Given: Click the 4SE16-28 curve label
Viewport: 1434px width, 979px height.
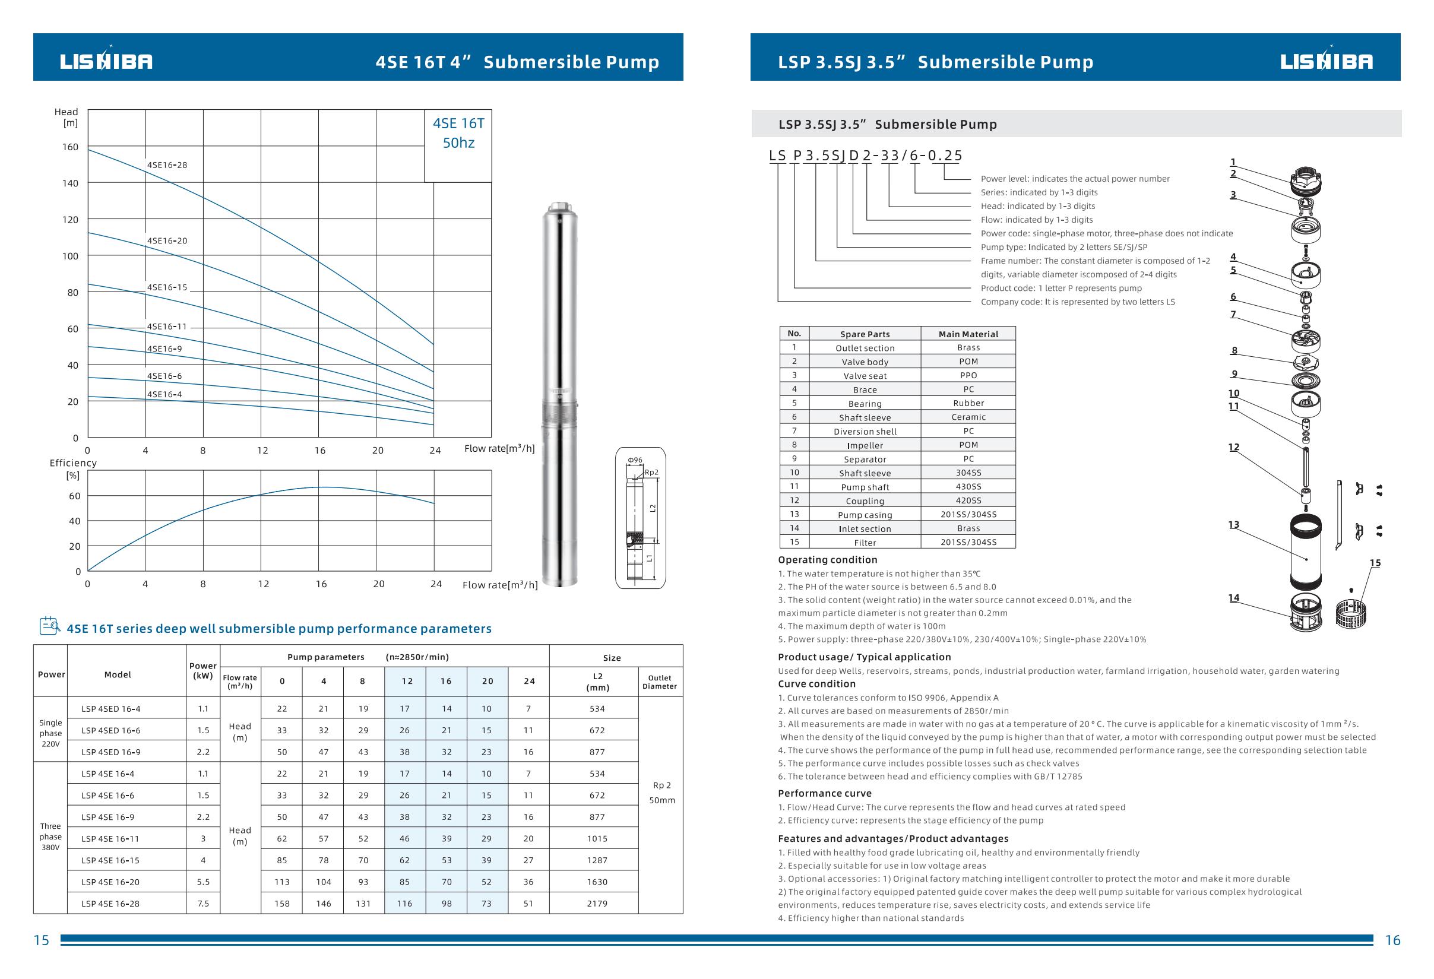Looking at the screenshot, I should (x=167, y=165).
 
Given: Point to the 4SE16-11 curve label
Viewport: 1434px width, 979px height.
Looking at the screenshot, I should (x=167, y=327).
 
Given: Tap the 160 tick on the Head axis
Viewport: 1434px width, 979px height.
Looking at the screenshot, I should (x=70, y=147).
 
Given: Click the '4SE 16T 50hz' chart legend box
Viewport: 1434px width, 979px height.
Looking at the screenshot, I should (x=458, y=145).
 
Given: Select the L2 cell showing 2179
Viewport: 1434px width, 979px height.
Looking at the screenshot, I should (x=597, y=904).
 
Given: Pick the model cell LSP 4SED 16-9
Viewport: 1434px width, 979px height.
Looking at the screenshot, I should (x=111, y=752).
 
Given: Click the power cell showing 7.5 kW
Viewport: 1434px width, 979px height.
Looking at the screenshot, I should (x=203, y=904).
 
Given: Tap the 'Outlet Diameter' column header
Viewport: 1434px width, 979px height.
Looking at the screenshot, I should (x=659, y=682).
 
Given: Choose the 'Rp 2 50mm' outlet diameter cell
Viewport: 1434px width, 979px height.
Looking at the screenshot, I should (x=661, y=793).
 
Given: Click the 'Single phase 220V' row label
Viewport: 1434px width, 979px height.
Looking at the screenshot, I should (x=50, y=733).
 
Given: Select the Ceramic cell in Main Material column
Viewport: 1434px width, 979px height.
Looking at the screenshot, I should (x=968, y=417).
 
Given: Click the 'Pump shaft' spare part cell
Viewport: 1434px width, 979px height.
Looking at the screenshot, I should (x=865, y=487).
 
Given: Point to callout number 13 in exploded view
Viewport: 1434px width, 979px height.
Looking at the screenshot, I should (x=1233, y=525).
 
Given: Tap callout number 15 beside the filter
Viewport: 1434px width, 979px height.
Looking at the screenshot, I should (x=1375, y=563).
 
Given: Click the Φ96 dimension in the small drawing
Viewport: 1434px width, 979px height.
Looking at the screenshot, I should (x=635, y=460).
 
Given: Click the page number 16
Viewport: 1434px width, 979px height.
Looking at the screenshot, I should (x=1392, y=940).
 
